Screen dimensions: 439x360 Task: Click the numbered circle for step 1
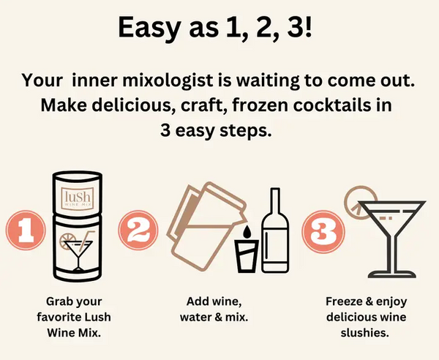(26, 230)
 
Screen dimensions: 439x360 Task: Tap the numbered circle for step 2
(138, 230)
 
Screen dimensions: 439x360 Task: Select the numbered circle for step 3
(323, 232)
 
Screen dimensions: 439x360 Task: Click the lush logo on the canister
(78, 199)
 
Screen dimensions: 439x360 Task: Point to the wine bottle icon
(275, 230)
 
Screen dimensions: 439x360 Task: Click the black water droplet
(247, 232)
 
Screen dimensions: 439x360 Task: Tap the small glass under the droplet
(247, 256)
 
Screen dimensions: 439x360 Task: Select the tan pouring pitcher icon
(206, 226)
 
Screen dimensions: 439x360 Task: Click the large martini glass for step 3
(392, 239)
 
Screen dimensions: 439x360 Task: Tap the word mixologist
(167, 80)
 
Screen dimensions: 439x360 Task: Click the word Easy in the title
(150, 27)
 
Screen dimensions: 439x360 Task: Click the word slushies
(365, 333)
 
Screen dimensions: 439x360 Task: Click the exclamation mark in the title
(308, 27)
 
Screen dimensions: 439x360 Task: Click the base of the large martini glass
(392, 274)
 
